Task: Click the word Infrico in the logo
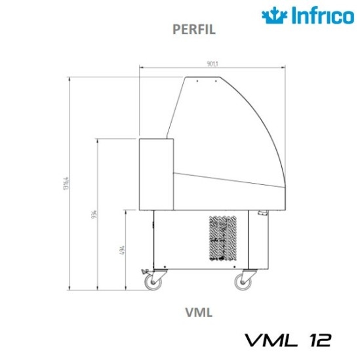[317, 15]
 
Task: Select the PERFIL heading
[193, 30]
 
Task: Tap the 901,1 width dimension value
[212, 64]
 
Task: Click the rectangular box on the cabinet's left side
[155, 173]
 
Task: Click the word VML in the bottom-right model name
[267, 340]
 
